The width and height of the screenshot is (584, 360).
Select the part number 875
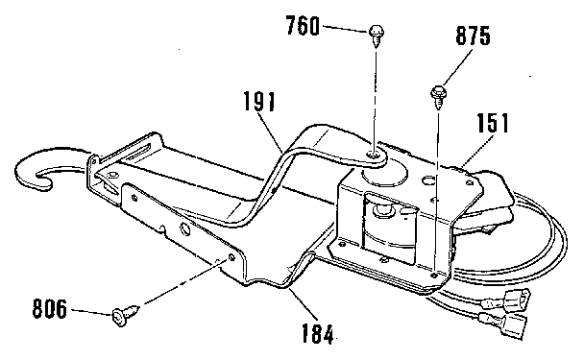click(x=473, y=37)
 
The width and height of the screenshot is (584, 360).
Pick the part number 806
click(x=50, y=309)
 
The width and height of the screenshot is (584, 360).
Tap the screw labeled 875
click(x=438, y=94)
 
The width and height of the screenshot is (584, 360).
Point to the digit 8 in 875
click(x=460, y=37)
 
